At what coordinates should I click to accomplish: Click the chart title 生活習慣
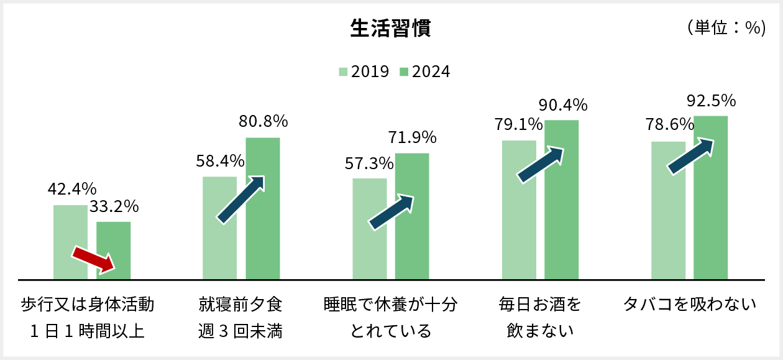[391, 29]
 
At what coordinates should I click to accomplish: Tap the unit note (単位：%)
[726, 28]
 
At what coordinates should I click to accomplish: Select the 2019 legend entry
[364, 72]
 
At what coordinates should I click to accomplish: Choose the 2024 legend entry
[424, 72]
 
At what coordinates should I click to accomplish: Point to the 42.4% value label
[72, 188]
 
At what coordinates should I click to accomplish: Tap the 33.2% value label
[114, 206]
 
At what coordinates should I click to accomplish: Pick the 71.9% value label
[412, 137]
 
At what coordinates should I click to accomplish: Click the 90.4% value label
[562, 104]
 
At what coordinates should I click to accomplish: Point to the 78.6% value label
[669, 126]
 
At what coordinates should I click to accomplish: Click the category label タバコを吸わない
[690, 305]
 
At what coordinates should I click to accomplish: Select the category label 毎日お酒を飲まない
[540, 318]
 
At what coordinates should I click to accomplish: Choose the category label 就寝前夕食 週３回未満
[240, 318]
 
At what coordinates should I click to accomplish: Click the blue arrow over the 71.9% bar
[391, 212]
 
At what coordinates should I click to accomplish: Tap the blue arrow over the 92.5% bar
[690, 156]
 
